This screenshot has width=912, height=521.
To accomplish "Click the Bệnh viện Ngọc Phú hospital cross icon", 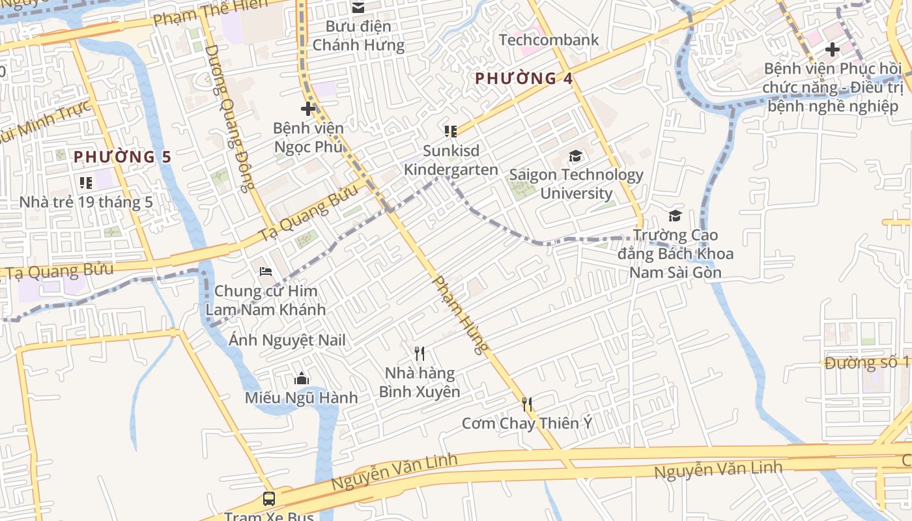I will pyautogui.click(x=308, y=109).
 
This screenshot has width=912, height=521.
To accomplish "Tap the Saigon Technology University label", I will pyautogui.click(x=576, y=184).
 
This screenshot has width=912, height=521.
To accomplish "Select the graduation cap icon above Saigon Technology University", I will pyautogui.click(x=575, y=156).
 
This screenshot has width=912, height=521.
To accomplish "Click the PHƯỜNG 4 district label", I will pyautogui.click(x=524, y=79).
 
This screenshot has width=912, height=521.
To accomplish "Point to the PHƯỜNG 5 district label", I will pyautogui.click(x=122, y=157).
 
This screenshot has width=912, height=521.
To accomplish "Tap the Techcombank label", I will pyautogui.click(x=549, y=40).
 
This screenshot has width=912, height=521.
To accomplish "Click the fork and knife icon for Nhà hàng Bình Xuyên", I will pyautogui.click(x=420, y=354).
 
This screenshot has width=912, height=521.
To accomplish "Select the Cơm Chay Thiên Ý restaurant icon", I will pyautogui.click(x=527, y=404).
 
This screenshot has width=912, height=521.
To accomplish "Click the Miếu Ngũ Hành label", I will pyautogui.click(x=301, y=397).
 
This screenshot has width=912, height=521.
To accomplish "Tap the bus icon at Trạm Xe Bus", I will pyautogui.click(x=268, y=499).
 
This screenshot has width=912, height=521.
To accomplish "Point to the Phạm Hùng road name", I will pyautogui.click(x=460, y=315).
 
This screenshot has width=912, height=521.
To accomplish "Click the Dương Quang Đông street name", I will pyautogui.click(x=228, y=119).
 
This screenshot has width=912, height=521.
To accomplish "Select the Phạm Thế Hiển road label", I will pyautogui.click(x=210, y=12).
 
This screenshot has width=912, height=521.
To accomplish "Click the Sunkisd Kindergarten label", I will pyautogui.click(x=451, y=160).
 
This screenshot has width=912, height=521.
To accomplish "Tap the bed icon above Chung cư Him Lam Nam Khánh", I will pyautogui.click(x=265, y=271).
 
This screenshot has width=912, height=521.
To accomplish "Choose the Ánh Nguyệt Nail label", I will pyautogui.click(x=287, y=340).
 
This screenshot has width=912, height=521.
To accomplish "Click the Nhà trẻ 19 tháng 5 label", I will pyautogui.click(x=86, y=202).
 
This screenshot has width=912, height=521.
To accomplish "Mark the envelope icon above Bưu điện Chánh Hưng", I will pyautogui.click(x=358, y=8).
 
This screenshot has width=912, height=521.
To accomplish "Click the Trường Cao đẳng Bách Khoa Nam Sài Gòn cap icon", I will pyautogui.click(x=675, y=216).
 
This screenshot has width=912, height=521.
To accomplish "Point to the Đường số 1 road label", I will pyautogui.click(x=866, y=363).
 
